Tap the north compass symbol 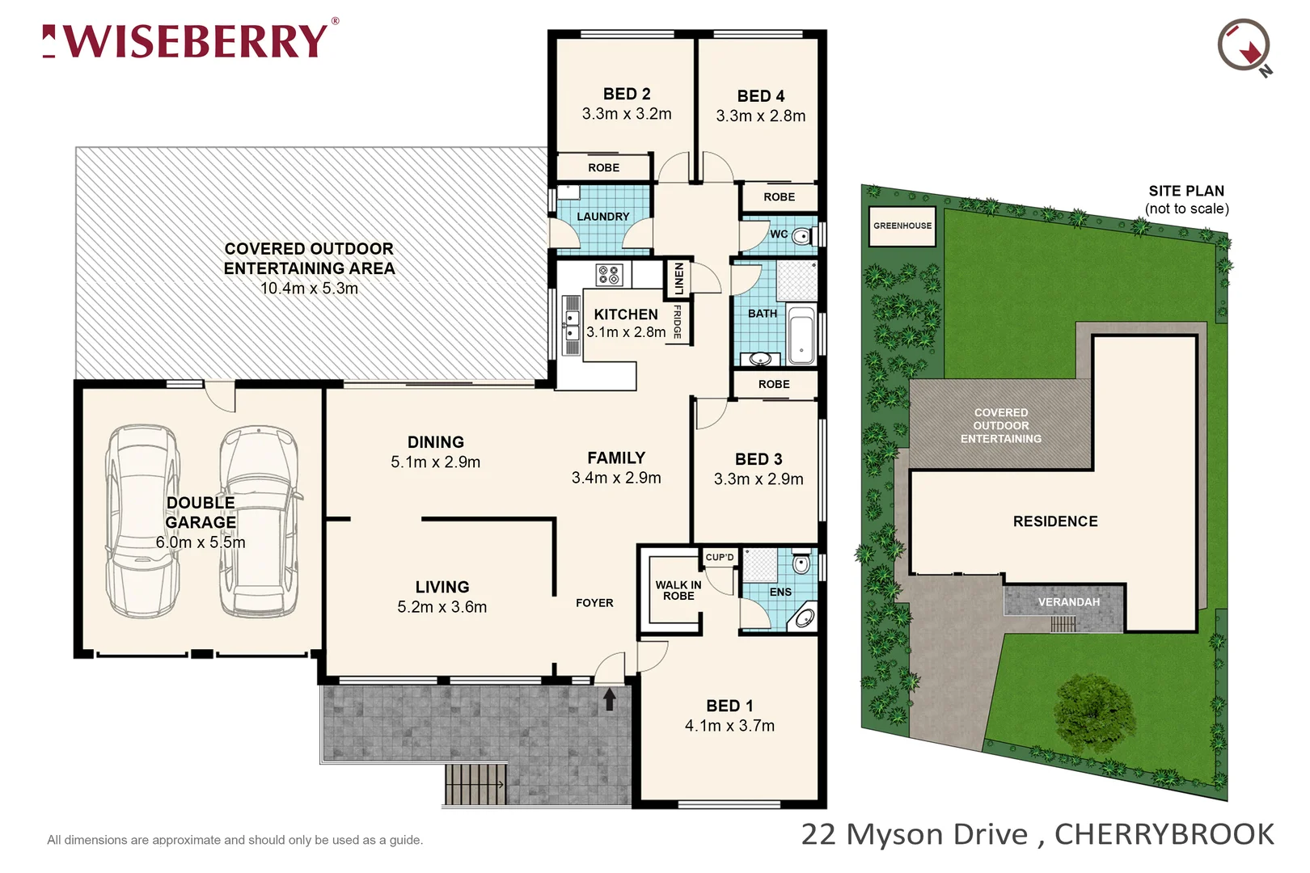point(1244,46)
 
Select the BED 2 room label point(627,94)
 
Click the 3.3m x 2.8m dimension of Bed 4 point(760,116)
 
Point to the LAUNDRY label point(602,217)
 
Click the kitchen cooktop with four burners point(609,275)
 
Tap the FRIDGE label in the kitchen point(678,322)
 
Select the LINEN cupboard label point(678,279)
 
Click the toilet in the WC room point(800,236)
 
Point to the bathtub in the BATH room point(801,335)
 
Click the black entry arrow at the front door point(610,698)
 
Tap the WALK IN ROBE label point(678,590)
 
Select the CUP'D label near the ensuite point(719,557)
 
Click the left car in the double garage point(143,521)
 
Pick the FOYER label point(594,603)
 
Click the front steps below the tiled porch point(475,784)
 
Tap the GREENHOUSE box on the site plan point(902,226)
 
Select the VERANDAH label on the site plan point(1068,602)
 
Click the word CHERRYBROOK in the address point(1164,834)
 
